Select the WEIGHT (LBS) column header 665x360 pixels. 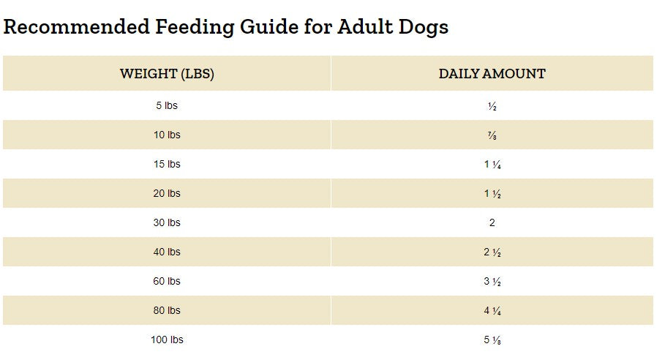167,74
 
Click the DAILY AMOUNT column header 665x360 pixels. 492,74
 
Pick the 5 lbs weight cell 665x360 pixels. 167,105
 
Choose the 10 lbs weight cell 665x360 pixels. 167,135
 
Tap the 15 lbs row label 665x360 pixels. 167,164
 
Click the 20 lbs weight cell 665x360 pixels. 167,193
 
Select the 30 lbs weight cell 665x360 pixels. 167,222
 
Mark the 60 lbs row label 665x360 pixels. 167,281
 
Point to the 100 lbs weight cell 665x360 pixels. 167,340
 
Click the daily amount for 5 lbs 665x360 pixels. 492,106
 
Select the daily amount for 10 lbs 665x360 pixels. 492,135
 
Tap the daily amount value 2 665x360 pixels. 492,222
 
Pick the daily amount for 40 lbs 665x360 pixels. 492,252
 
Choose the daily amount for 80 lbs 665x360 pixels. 492,311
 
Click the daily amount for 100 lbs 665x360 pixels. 492,340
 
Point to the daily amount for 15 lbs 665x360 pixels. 492,165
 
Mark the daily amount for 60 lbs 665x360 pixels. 492,282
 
